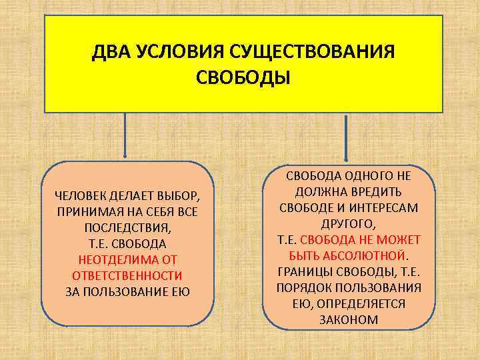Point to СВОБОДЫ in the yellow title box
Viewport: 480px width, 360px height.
(243, 78)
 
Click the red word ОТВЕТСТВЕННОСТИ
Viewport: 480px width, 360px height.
(127, 275)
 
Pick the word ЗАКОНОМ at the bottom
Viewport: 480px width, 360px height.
(349, 320)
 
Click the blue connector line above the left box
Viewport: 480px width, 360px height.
(125, 137)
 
